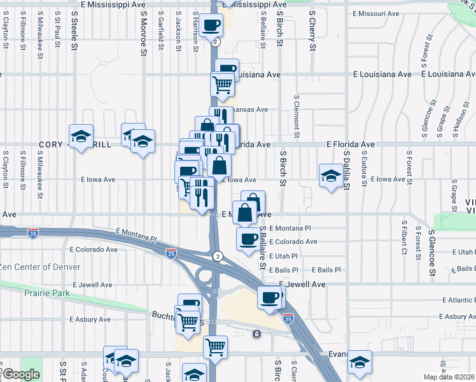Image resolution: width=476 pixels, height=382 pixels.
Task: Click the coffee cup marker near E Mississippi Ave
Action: [211, 26]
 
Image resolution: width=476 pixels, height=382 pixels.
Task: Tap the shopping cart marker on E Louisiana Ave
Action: [222, 84]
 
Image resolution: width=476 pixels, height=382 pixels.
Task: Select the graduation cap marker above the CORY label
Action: [81, 136]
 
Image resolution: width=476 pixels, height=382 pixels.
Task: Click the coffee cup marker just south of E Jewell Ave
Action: [270, 297]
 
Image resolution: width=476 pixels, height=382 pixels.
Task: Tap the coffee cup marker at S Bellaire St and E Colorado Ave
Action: [248, 239]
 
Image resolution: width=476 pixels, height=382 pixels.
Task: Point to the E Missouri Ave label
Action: [375, 13]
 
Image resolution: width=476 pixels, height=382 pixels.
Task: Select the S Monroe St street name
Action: [143, 29]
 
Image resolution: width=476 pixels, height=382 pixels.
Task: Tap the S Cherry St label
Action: [312, 29]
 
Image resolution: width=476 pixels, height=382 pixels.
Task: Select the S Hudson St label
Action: [456, 121]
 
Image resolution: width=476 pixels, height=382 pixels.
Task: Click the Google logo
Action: [20, 375]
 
